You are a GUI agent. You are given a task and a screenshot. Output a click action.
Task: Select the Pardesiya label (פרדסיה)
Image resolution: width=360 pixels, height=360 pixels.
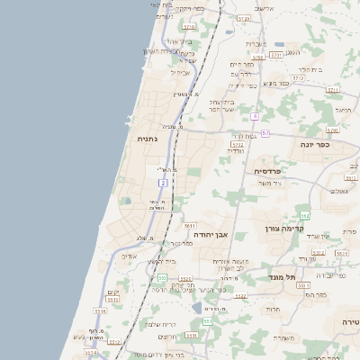[267, 171]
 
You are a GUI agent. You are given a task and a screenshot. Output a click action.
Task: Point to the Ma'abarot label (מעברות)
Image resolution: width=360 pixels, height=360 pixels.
[256, 43]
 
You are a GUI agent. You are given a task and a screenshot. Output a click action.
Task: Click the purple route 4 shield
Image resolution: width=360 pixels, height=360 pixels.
[255, 117]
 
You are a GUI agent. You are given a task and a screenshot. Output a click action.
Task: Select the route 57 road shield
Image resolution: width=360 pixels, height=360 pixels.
[265, 134]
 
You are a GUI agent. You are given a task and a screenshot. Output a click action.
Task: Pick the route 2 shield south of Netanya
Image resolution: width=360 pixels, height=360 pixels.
[162, 183]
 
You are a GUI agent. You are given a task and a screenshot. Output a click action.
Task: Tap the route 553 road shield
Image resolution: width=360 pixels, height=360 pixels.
[208, 320]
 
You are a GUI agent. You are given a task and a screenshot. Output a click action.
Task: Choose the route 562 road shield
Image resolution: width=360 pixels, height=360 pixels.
[305, 215]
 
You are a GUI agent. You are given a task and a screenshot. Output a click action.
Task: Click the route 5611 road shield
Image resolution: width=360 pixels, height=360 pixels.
[189, 225]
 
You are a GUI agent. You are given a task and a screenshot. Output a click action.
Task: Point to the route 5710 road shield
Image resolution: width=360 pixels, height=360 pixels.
[237, 143]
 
